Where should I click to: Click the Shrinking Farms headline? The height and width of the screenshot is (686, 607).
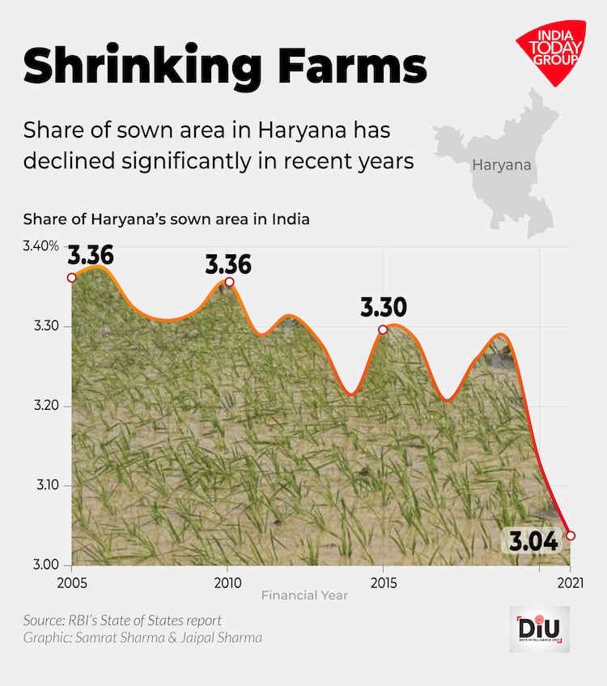click(224, 66)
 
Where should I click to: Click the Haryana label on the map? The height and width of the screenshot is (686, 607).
click(502, 165)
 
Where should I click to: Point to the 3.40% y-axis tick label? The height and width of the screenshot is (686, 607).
click(41, 246)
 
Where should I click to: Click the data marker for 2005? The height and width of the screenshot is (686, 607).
click(72, 278)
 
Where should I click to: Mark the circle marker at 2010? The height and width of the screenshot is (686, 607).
click(229, 282)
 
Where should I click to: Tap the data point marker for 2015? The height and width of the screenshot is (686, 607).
click(383, 330)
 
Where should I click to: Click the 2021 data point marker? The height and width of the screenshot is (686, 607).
click(571, 535)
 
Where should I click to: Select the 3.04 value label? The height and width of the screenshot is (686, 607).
click(531, 540)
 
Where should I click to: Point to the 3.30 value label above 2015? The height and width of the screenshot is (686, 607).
click(383, 308)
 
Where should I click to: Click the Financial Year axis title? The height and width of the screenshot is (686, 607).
click(304, 595)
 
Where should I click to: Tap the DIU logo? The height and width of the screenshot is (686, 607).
click(539, 629)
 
